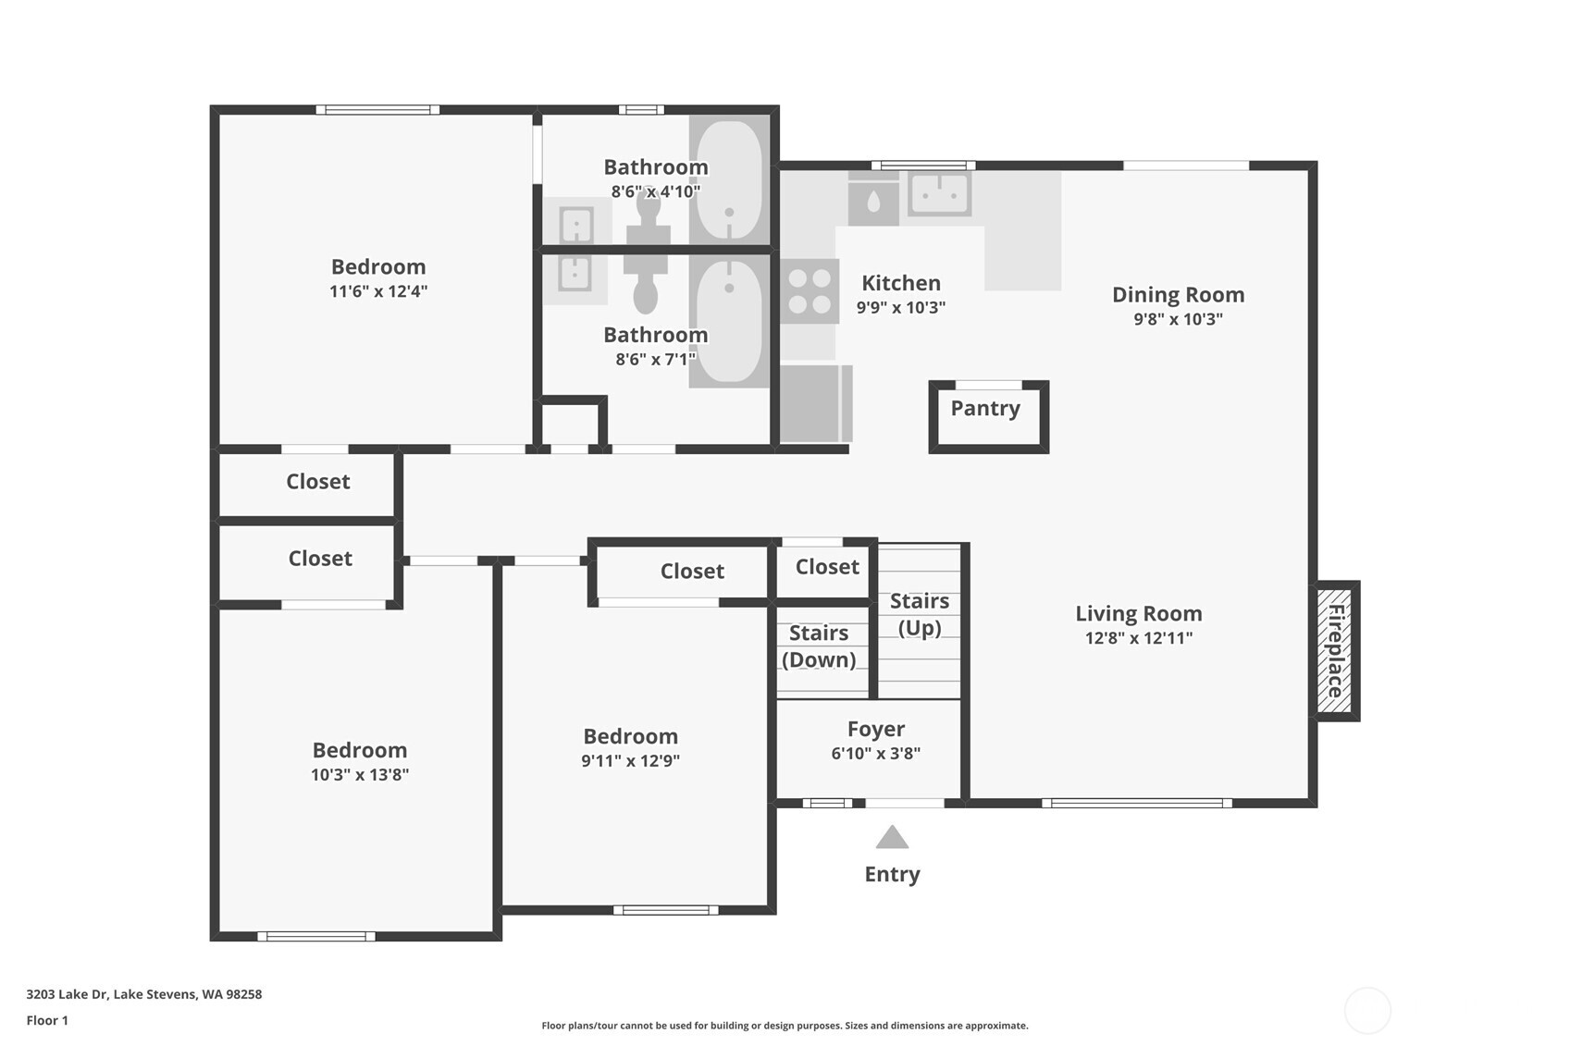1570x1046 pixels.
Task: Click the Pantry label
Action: coord(985,409)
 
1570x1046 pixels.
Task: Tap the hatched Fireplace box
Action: coord(1335,651)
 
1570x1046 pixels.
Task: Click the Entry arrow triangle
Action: coord(892,838)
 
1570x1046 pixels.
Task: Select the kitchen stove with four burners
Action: coord(810,291)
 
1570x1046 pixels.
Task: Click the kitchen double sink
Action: coord(939,194)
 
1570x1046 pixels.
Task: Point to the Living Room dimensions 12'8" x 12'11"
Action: coord(1139,638)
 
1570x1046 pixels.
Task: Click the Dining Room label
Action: coord(1178,295)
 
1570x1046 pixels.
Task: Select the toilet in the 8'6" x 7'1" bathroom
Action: coord(646,287)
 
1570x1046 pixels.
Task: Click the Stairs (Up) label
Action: coord(920,615)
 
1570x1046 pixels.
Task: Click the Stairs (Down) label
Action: coord(819,646)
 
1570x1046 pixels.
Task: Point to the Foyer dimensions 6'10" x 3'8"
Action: coord(875,754)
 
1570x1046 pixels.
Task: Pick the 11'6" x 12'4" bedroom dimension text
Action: coord(378,291)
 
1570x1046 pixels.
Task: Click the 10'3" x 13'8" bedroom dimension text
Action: coord(360,775)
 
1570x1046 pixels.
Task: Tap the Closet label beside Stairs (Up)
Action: coord(827,567)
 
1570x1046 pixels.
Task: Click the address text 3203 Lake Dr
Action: coord(143,994)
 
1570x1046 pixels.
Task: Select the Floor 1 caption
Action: coord(47,1020)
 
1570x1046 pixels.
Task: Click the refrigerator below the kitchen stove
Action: coord(814,403)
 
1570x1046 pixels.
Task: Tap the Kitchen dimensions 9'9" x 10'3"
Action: coord(900,308)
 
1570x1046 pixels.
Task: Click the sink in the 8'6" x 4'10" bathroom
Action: coord(576,224)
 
